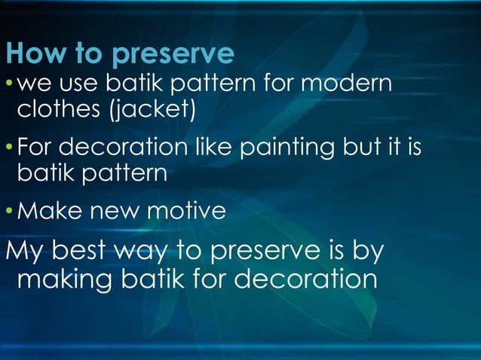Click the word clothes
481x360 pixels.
click(60, 111)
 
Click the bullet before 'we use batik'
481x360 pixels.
click(9, 82)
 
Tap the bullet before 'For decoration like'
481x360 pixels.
click(9, 145)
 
